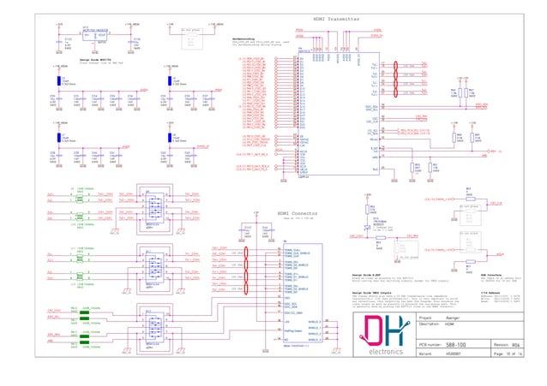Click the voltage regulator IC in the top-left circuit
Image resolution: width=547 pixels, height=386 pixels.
(94, 34)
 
